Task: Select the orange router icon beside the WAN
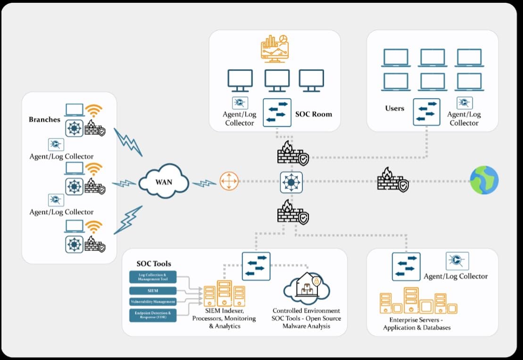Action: pos(229,181)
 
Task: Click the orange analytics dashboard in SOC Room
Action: pos(274,48)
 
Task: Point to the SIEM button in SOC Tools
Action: pos(152,291)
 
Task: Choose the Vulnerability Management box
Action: pos(152,301)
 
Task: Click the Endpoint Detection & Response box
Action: pos(152,315)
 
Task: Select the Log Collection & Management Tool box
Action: pos(152,277)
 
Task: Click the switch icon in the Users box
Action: pos(426,112)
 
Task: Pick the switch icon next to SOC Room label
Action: pos(277,112)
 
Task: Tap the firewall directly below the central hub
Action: pos(292,212)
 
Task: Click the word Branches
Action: pos(44,119)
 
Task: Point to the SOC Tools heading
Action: pos(154,263)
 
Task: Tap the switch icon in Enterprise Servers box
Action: pos(406,267)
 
